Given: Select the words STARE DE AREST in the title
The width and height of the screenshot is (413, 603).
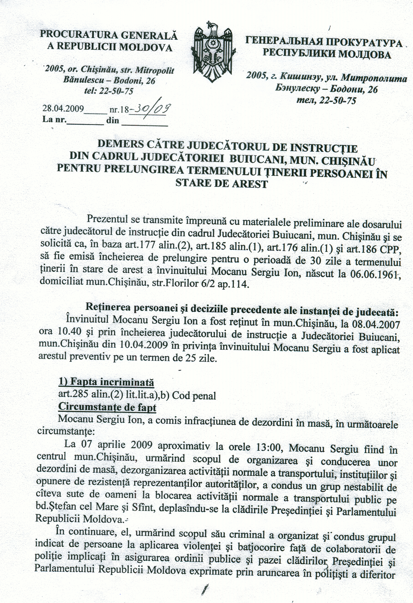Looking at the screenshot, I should [x=222, y=184].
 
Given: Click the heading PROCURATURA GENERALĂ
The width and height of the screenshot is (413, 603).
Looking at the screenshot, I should [x=108, y=35].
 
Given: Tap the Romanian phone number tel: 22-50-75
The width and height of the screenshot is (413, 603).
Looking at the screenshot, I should [x=109, y=91].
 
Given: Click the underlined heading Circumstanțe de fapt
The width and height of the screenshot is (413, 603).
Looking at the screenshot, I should [x=107, y=407].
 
